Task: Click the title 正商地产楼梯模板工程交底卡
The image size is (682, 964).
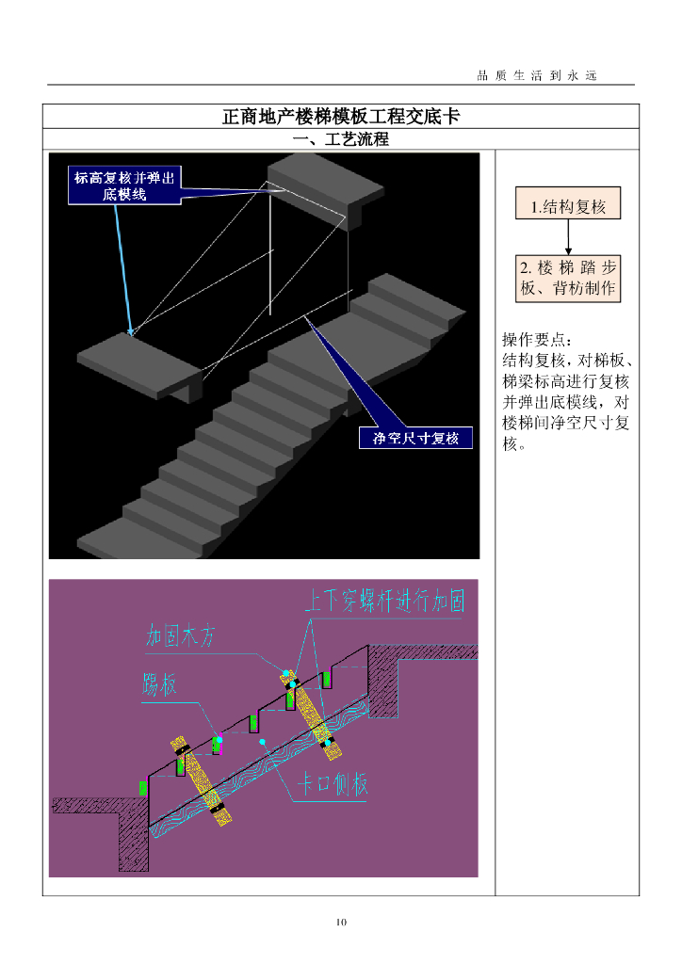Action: point(340,117)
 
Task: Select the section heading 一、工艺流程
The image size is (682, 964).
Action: point(340,139)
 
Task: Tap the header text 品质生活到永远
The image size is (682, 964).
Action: point(538,75)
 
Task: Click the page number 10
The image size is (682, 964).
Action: point(341,922)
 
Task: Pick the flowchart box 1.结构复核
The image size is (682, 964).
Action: point(568,204)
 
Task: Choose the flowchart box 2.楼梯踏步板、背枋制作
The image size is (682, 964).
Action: point(568,278)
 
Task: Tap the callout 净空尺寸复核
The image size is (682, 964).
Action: point(415,439)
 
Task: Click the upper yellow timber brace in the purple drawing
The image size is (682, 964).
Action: point(306,706)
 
